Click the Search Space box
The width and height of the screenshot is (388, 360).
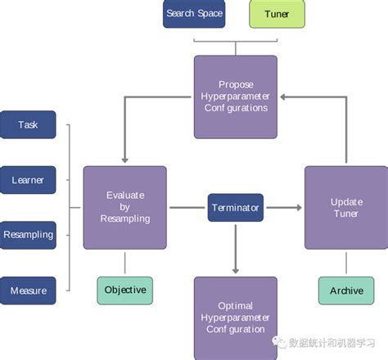[x=193, y=14]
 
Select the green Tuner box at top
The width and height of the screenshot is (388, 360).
[x=277, y=14]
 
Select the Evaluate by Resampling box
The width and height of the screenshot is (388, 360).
[x=125, y=207]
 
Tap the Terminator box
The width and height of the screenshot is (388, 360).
[x=234, y=208]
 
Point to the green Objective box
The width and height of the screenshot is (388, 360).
[x=125, y=290]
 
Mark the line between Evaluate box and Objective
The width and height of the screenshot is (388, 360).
[x=124, y=263]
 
